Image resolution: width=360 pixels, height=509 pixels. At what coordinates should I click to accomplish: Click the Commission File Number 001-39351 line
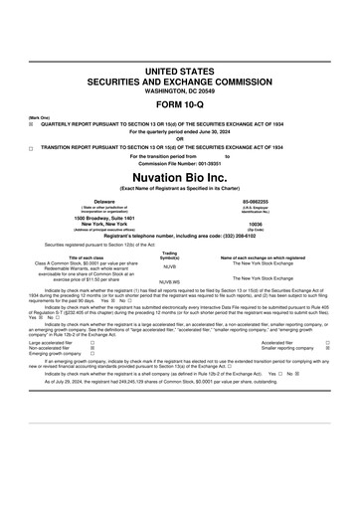coord(179,163)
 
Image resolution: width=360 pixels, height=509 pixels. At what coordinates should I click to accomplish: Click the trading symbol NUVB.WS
coord(169,283)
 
